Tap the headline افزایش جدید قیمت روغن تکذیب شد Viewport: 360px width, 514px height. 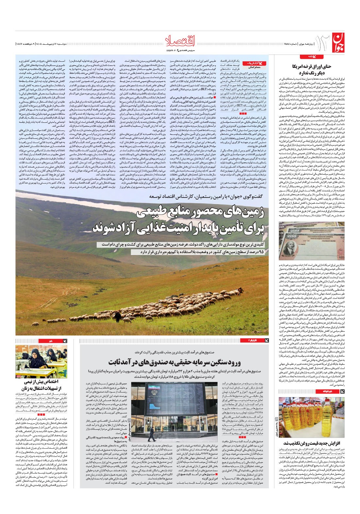point(312,443)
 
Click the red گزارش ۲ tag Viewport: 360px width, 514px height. point(249,340)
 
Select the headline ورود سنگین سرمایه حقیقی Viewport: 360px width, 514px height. point(175,362)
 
